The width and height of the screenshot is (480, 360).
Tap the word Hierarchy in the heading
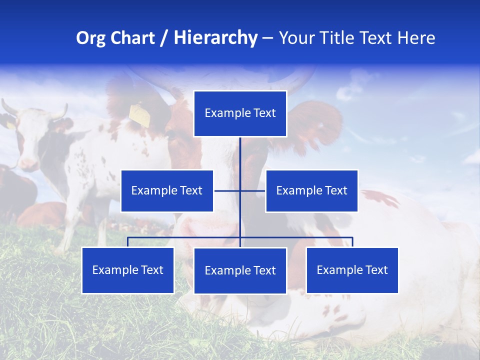tap(215, 38)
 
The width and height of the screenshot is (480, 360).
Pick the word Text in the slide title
tap(379, 38)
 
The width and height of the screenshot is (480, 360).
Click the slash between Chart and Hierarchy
tap(164, 38)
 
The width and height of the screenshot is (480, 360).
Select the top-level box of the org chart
tap(240, 113)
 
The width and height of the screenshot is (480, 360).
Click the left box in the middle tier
tap(167, 191)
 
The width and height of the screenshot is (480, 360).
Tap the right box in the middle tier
tap(311, 191)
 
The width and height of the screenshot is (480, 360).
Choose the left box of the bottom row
tap(128, 270)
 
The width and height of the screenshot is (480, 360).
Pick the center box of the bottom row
tap(240, 271)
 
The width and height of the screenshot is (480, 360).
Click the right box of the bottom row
tap(352, 270)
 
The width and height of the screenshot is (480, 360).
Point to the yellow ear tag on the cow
tap(140, 116)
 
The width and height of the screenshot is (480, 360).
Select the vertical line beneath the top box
tap(240, 155)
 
